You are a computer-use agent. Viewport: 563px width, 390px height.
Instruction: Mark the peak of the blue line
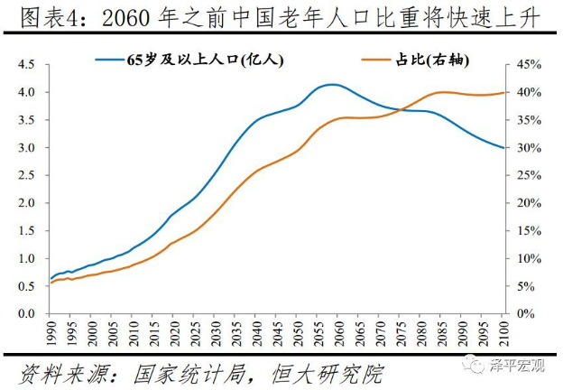click(333, 85)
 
